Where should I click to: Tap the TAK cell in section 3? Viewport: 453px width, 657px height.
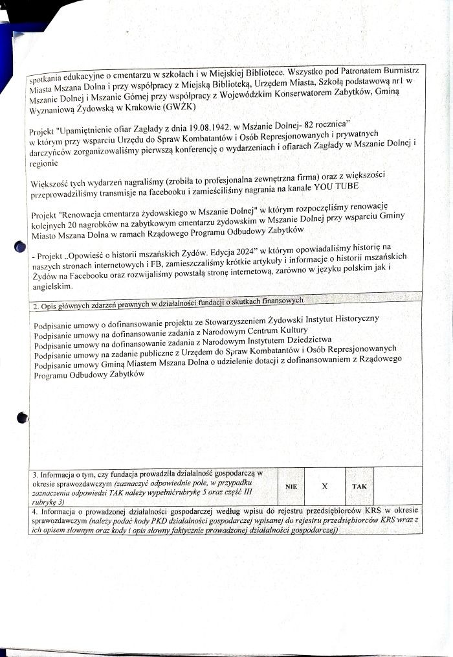click(359, 485)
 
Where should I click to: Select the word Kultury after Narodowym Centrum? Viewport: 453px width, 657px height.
click(287, 331)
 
